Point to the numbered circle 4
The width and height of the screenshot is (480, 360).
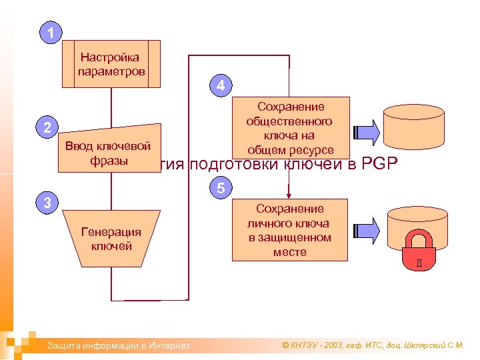coord(221,85)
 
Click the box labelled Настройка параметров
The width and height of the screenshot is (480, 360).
coord(111,64)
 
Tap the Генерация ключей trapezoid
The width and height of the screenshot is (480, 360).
coord(111,239)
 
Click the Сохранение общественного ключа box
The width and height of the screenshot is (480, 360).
coord(291,128)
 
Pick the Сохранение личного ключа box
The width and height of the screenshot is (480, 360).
coord(290,230)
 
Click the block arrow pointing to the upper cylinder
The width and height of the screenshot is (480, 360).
coord(366,128)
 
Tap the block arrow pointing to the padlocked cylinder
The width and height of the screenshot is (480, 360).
coord(366,230)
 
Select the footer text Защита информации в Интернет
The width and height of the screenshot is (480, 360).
coord(117,345)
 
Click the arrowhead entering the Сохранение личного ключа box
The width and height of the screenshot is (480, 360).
coord(289,195)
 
